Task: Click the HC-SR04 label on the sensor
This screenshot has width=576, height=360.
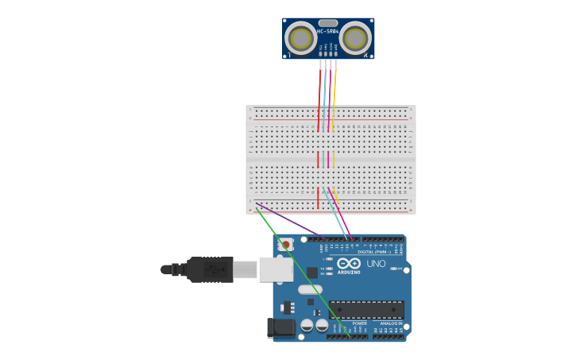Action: (x=328, y=31)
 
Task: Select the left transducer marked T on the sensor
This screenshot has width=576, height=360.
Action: (x=300, y=38)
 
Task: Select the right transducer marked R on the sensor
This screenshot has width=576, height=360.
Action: (x=357, y=38)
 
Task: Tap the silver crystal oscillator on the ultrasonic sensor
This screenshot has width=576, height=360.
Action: (x=328, y=23)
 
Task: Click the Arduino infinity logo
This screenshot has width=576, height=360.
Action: (x=349, y=264)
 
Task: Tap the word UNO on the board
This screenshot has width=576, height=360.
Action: (x=376, y=263)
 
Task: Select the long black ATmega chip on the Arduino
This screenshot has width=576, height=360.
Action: (x=366, y=310)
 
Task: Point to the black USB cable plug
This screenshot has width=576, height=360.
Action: (x=210, y=269)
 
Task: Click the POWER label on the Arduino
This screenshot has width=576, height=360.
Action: (x=359, y=323)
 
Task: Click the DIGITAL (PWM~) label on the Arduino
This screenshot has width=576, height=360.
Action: (x=375, y=251)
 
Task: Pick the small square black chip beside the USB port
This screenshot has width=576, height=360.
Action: (x=312, y=272)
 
